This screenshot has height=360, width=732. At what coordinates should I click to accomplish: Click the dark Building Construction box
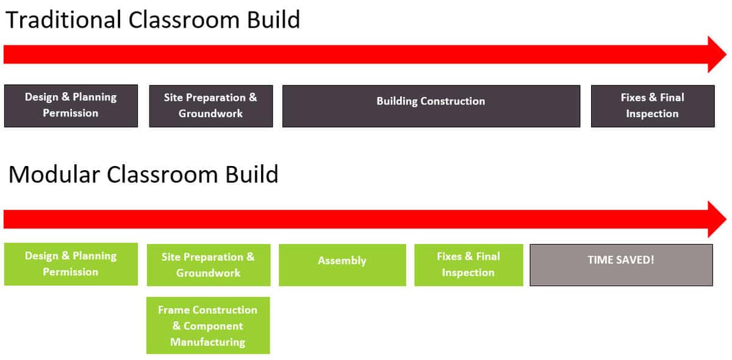click(431, 106)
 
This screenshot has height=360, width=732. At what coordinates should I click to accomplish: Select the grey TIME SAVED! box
click(621, 265)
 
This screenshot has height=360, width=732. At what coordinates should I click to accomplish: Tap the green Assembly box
click(342, 265)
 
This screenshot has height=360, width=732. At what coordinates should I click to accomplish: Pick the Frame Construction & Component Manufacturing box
click(208, 325)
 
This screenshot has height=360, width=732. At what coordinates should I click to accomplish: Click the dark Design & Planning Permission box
click(71, 106)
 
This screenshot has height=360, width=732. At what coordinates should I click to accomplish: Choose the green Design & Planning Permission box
click(71, 264)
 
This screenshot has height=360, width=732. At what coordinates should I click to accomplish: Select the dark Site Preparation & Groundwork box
click(210, 106)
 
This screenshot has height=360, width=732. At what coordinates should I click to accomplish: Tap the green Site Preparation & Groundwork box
click(209, 265)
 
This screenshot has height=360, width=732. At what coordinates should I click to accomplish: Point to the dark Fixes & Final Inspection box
click(652, 106)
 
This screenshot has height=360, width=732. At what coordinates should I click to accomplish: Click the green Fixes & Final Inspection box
click(468, 265)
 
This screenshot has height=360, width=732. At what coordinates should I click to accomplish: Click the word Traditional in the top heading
click(63, 20)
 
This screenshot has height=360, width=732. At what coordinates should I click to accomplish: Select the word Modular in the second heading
click(54, 175)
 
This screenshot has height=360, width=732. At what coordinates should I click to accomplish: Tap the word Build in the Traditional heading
click(273, 20)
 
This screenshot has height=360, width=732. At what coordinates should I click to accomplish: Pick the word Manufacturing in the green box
click(207, 342)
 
